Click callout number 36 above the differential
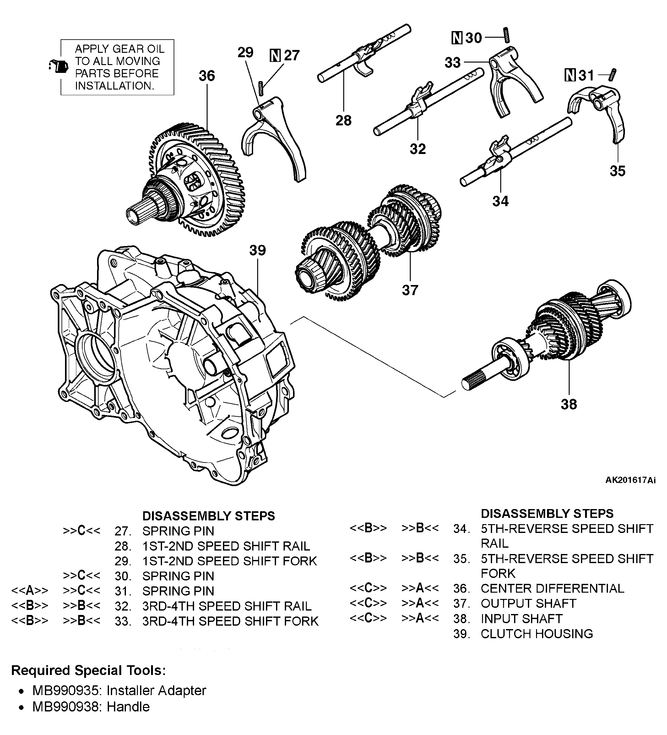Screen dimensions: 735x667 coord(207,76)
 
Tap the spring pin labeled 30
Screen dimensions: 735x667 coord(506,35)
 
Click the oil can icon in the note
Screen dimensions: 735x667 coord(59,67)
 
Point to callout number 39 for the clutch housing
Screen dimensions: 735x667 coord(257,250)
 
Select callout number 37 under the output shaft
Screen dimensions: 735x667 coord(410,290)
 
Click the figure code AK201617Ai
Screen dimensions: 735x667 coord(630,480)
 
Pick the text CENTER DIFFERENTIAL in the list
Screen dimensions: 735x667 coord(552,588)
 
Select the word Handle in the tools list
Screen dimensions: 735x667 coord(128,707)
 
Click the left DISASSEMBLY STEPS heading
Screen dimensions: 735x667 coord(209,516)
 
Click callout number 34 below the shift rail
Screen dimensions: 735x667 coord(500,201)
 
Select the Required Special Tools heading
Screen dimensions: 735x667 coord(89,670)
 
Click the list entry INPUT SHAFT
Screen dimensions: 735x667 coord(521,618)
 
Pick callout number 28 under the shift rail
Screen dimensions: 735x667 coord(343,120)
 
